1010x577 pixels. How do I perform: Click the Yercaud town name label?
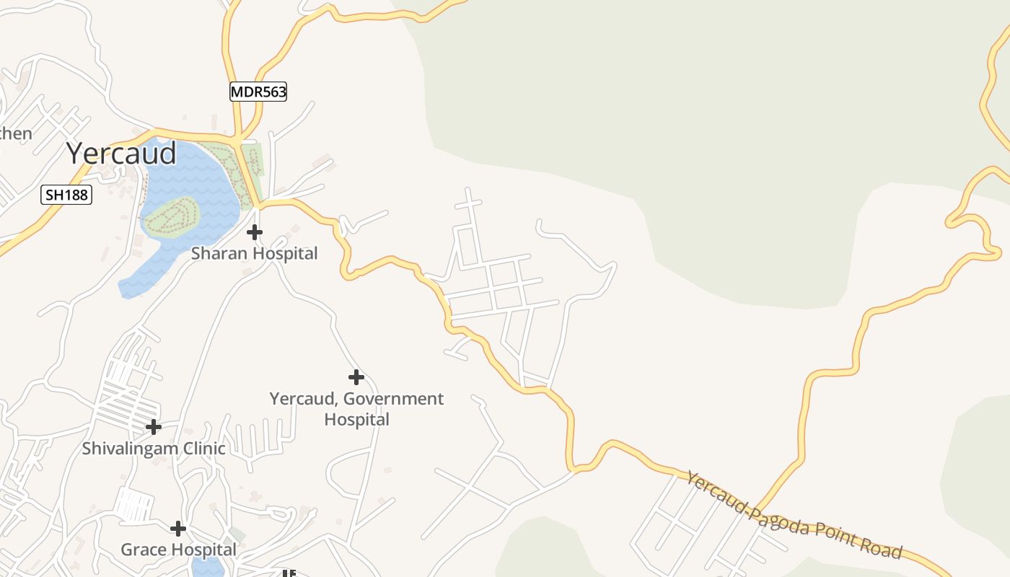[121, 154]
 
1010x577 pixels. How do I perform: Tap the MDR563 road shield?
[258, 92]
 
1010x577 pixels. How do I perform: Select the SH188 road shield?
[66, 195]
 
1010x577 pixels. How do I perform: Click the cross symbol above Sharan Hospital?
[255, 232]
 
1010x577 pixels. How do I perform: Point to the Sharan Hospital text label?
[254, 254]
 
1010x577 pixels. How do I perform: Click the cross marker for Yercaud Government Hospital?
[356, 376]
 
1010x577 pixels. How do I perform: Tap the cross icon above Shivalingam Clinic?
[153, 427]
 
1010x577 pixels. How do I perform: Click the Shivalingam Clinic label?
[153, 449]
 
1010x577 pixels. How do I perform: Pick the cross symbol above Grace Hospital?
[178, 529]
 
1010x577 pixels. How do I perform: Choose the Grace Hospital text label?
[178, 550]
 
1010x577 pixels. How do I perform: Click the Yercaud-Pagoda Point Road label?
[794, 515]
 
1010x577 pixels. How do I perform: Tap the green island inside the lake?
[172, 217]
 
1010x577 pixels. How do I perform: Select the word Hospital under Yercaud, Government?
[356, 419]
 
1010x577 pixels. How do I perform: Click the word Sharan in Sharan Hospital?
[215, 254]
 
